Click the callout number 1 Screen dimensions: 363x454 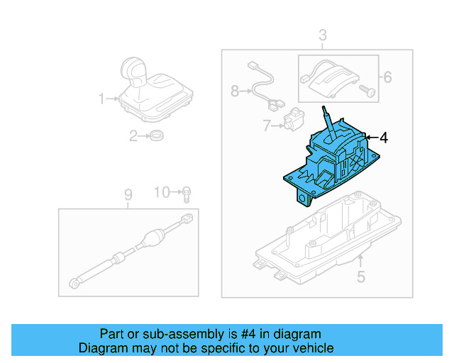[101, 98]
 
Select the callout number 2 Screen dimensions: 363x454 [133, 136]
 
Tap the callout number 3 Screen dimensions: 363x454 [322, 35]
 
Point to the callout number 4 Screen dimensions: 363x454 [383, 138]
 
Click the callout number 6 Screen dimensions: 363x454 [387, 77]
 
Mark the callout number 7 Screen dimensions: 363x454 [266, 126]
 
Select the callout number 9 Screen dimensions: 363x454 [128, 194]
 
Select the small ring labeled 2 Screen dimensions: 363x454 [156, 136]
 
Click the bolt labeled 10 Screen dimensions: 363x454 [186, 192]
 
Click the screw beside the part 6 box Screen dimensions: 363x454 [366, 90]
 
